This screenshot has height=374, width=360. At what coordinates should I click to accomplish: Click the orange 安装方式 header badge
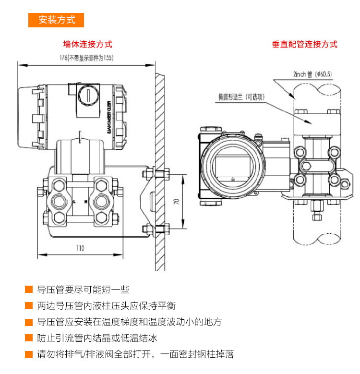click(56, 20)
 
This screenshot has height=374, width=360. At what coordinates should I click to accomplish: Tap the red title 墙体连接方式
click(88, 44)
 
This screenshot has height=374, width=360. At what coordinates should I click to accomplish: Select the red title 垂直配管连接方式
click(305, 44)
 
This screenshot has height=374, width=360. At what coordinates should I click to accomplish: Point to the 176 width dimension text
click(86, 58)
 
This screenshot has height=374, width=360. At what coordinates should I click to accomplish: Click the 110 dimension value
click(80, 248)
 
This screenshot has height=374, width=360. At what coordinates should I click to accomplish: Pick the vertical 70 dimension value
click(176, 202)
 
